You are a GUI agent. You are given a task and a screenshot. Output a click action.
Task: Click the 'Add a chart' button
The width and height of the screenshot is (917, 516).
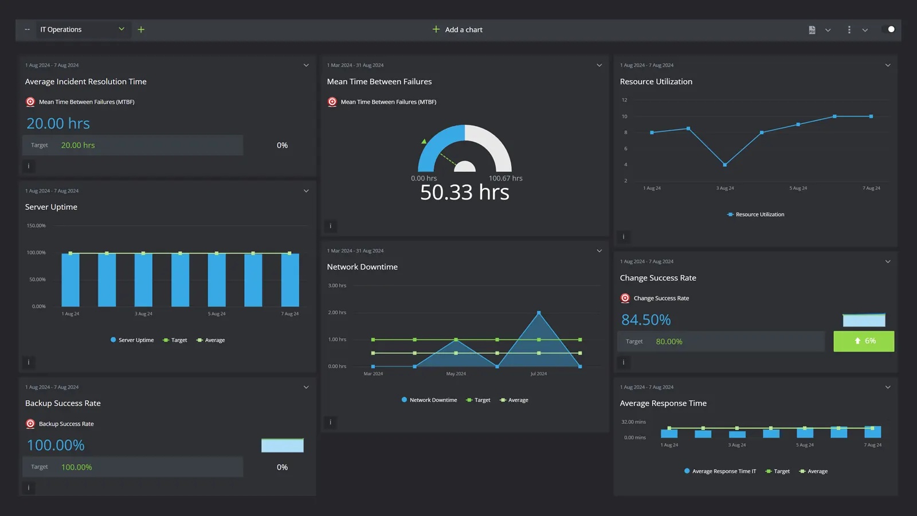pos(457,30)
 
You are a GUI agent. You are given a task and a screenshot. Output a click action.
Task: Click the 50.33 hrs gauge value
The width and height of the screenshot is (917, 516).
pos(464,193)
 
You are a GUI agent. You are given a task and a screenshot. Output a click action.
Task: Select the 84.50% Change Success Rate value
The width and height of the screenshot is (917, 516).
pos(646,320)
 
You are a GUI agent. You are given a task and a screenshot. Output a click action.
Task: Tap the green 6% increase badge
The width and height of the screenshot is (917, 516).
pos(864,341)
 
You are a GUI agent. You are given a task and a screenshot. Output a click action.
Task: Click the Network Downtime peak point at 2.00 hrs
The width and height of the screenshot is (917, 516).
pos(539,313)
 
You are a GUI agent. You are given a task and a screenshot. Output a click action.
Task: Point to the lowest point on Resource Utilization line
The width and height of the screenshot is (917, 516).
pos(725,165)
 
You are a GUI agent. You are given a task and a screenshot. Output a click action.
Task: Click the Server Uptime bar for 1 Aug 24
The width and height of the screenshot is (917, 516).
pos(70,280)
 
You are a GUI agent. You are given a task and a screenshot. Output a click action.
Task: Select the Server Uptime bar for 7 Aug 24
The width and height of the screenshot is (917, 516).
pos(290,280)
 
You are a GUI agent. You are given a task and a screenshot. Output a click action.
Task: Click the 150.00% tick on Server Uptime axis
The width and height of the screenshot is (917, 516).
pos(36,226)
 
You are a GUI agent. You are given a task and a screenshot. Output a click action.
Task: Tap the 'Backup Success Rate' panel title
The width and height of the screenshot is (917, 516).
pos(63,404)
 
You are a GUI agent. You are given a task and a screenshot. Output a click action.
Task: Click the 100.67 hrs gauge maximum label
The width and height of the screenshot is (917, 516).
pos(505,178)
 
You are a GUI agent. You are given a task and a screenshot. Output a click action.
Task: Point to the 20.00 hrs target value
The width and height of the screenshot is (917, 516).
pos(78,146)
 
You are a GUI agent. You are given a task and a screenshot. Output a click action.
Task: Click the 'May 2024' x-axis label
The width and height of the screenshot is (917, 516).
pos(456,374)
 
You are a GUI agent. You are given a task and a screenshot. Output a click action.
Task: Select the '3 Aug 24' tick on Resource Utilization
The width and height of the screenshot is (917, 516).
pos(725,189)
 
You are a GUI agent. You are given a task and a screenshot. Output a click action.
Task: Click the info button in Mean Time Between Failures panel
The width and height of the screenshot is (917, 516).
pos(331,226)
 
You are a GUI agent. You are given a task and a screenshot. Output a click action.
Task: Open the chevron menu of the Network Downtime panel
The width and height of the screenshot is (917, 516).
pos(599,251)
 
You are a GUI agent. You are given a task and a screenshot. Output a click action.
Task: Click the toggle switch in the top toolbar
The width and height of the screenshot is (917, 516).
pos(889,30)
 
